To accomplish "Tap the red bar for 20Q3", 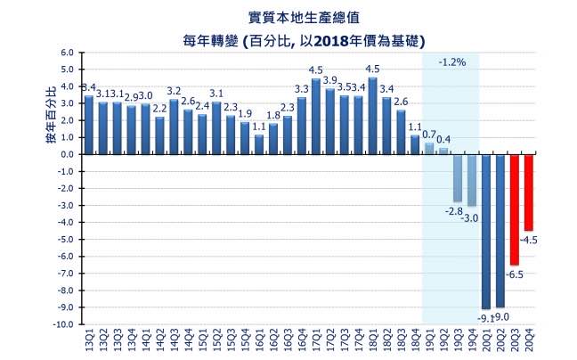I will coord(514,209).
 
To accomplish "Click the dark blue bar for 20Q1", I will coord(485,231).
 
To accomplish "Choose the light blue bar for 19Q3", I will coord(458,177).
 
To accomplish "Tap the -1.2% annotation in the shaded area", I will coord(451,63).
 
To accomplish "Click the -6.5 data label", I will coord(514,274).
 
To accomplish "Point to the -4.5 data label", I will coord(531,240).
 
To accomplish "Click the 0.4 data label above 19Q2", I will coord(443,140).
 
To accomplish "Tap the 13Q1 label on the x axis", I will coord(88,340).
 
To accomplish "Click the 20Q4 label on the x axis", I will coord(529,340).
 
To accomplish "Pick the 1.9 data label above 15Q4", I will coord(245,114).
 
